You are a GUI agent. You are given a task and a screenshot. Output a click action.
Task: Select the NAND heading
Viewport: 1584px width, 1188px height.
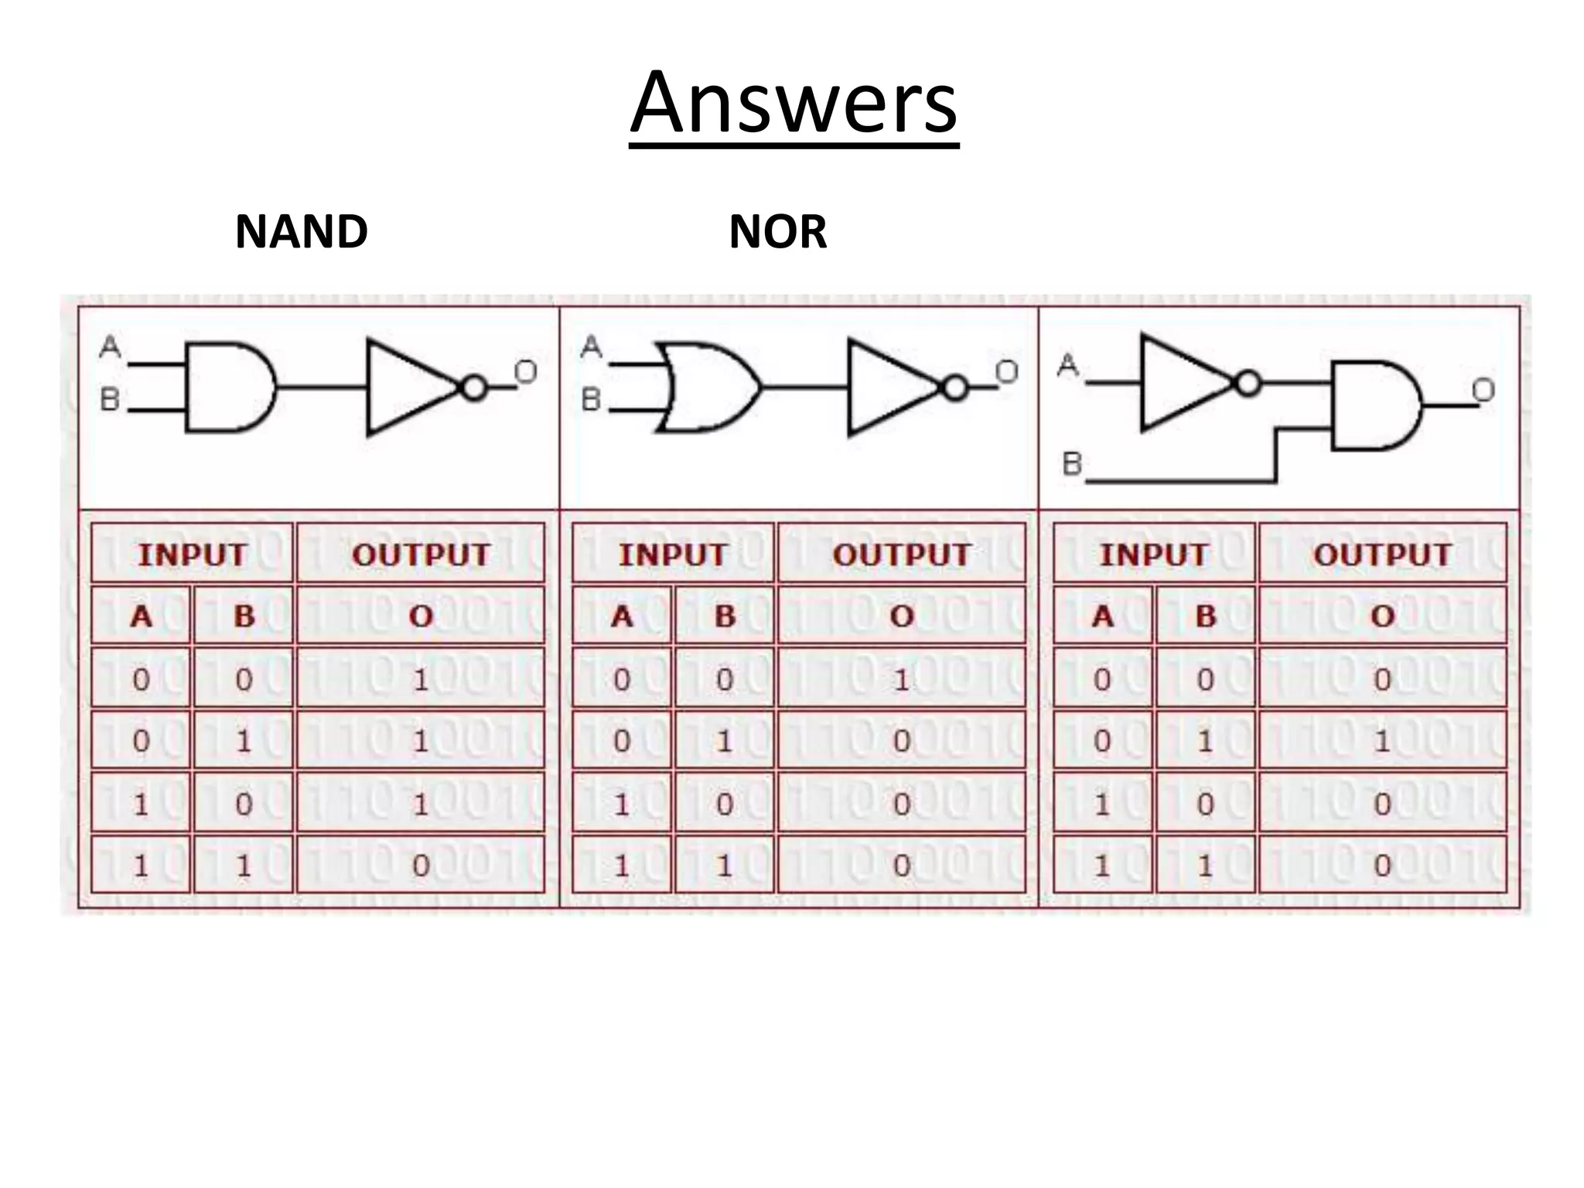coord(301,231)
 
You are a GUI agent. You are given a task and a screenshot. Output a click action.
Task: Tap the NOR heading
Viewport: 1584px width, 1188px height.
coord(777,231)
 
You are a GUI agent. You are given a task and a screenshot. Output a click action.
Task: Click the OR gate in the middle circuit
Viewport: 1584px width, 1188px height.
coord(708,387)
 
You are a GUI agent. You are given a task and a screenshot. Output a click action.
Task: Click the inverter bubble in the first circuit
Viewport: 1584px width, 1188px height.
coord(474,387)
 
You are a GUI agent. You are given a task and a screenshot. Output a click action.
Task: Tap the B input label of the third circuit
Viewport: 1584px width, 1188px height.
coord(1072,464)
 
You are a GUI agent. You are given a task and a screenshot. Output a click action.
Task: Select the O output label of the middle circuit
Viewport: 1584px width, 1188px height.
coord(1005,373)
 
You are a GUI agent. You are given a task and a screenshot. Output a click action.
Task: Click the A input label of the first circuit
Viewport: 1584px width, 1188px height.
coord(111,346)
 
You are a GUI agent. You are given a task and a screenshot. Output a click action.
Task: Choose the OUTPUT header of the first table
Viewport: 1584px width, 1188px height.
coord(421,555)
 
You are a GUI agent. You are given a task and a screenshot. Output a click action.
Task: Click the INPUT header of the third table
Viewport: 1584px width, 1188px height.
coord(1153,555)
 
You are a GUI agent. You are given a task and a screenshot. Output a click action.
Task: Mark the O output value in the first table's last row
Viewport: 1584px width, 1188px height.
coord(421,865)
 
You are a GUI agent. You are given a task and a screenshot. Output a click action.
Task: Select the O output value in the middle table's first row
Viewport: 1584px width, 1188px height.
coord(901,680)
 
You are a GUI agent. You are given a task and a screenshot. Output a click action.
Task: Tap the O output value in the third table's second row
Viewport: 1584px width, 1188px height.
coord(1382,742)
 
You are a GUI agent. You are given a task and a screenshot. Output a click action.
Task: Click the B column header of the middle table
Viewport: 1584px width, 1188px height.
coord(725,616)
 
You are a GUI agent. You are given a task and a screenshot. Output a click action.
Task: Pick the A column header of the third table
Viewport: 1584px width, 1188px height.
coord(1103,616)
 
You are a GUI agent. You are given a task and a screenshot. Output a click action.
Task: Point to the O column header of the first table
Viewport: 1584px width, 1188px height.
coord(421,616)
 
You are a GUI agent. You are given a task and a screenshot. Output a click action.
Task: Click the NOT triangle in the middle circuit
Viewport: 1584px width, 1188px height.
coord(889,387)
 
